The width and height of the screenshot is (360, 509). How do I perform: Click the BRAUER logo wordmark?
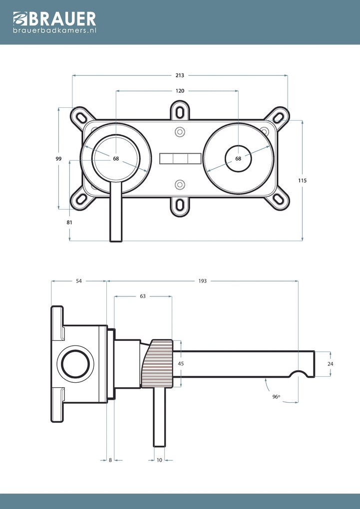(54, 19)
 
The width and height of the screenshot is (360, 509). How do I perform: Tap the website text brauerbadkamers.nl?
(54, 30)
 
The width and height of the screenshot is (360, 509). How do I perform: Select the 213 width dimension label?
(180, 75)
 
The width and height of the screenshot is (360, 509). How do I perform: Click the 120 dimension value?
(180, 91)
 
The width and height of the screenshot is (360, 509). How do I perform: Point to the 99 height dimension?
(58, 159)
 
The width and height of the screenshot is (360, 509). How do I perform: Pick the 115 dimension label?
(302, 181)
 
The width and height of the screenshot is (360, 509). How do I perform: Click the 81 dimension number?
(69, 223)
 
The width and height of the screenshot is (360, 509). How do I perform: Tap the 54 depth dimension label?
(79, 281)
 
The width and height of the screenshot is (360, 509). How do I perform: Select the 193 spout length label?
(202, 281)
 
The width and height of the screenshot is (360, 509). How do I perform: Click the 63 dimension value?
(143, 296)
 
